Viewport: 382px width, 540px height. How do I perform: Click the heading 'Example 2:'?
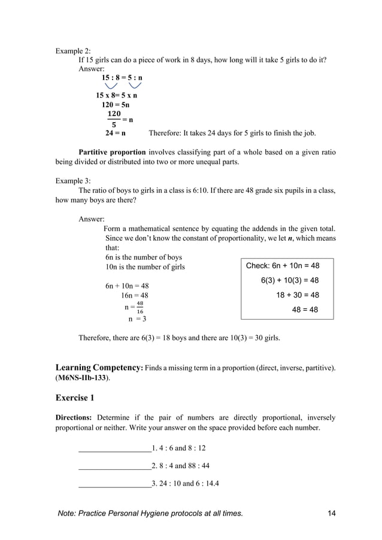tap(73, 50)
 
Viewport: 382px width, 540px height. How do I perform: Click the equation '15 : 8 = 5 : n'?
tap(122, 78)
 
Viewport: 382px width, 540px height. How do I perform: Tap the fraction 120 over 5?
tap(113, 119)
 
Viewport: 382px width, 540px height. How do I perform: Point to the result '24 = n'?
tap(115, 133)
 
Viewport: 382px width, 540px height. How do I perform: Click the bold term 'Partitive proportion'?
tap(112, 152)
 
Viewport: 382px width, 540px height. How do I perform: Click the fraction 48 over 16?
tap(140, 307)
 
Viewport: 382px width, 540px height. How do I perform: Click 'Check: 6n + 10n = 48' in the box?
tap(283, 265)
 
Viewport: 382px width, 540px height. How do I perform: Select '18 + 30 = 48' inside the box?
tap(297, 295)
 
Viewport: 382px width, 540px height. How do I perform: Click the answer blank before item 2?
tap(114, 466)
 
